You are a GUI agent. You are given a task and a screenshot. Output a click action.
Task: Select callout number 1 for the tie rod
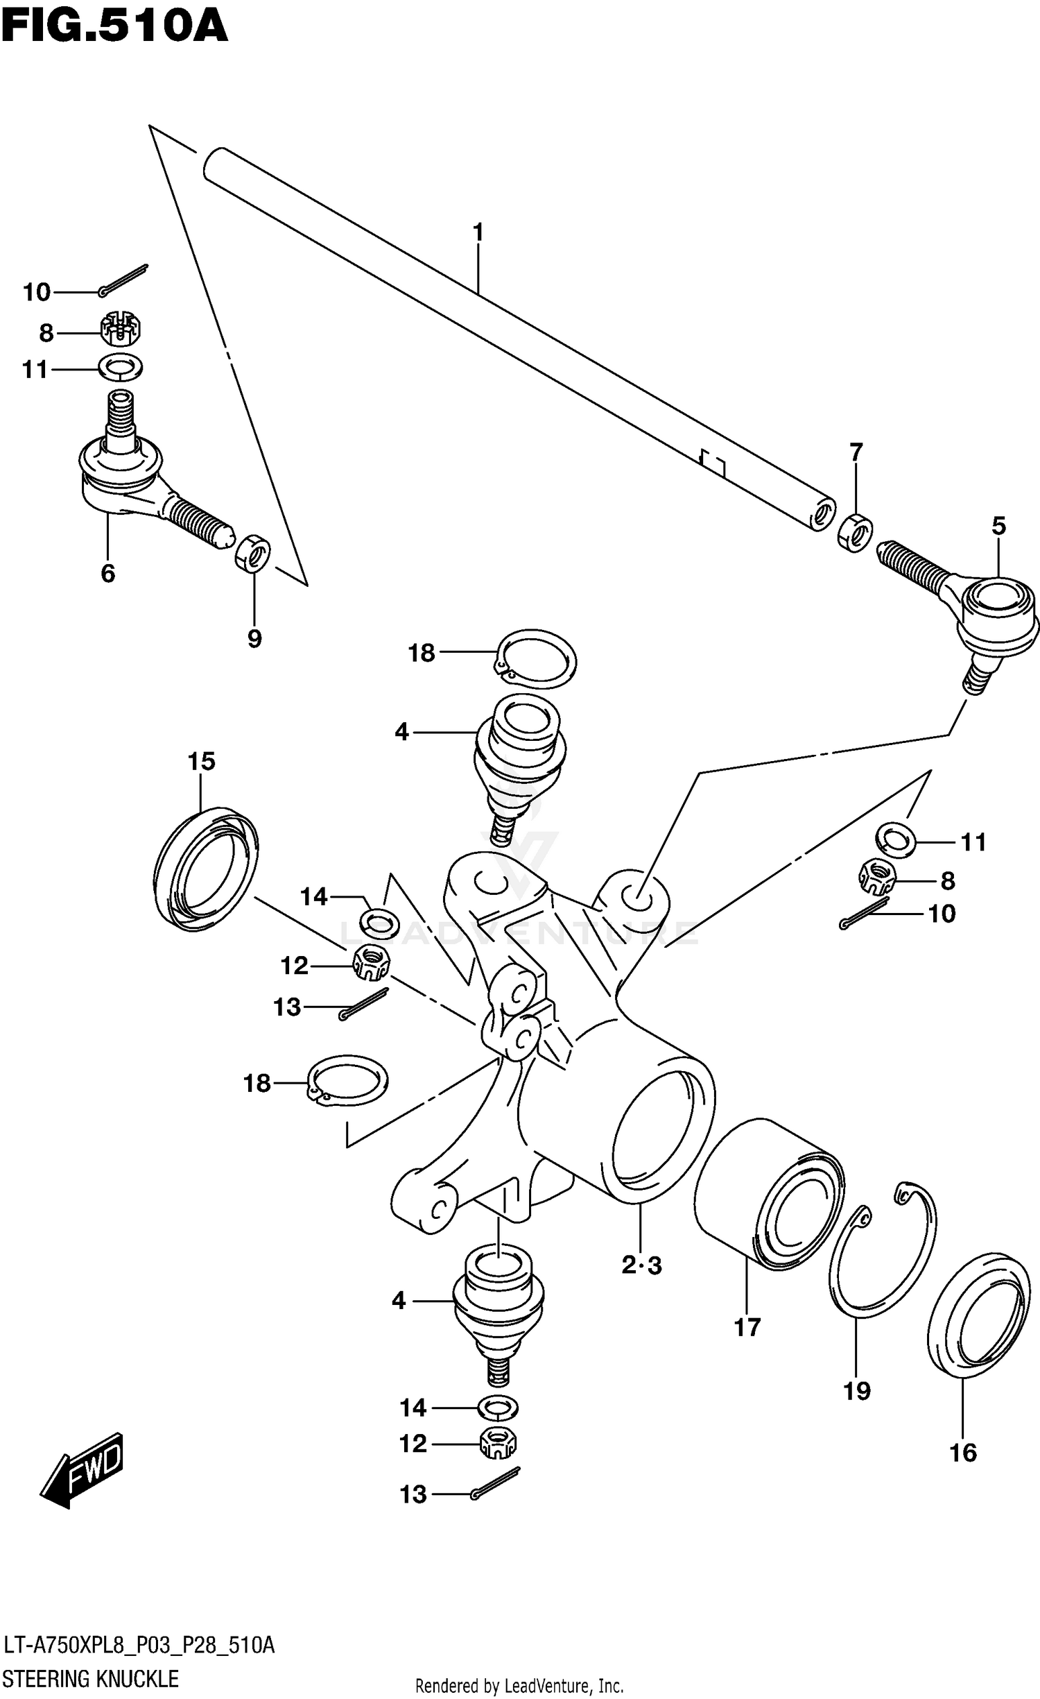point(478,232)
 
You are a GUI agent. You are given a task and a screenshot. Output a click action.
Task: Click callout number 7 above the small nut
point(856,452)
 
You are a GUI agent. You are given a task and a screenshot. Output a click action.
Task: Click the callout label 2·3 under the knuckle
point(641,1266)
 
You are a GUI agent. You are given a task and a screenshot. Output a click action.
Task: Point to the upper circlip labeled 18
point(538,658)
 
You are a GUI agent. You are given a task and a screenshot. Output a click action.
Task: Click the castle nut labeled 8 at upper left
point(121,329)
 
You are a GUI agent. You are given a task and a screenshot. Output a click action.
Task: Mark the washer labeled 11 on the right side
point(896,839)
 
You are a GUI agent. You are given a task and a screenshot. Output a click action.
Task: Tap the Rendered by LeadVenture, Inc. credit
point(519,1686)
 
